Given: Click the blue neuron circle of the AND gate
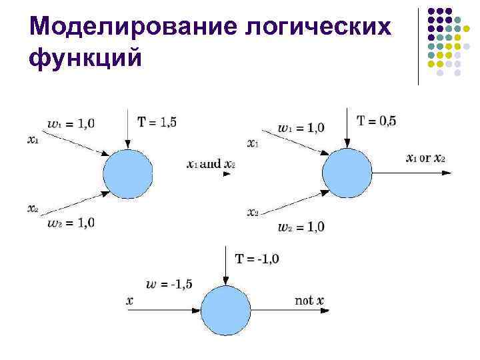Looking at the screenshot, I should click(x=128, y=174).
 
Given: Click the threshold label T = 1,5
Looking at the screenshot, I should click(x=158, y=121).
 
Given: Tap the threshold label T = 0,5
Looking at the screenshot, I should click(x=377, y=121).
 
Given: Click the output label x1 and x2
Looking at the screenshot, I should click(x=211, y=164).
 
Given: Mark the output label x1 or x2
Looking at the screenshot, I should click(x=425, y=158).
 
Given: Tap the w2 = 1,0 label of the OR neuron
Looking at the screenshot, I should click(x=301, y=227).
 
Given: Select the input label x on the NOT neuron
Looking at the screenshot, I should click(x=129, y=301).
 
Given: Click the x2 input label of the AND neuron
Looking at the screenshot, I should click(x=33, y=209).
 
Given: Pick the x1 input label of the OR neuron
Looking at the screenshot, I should click(x=253, y=143).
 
